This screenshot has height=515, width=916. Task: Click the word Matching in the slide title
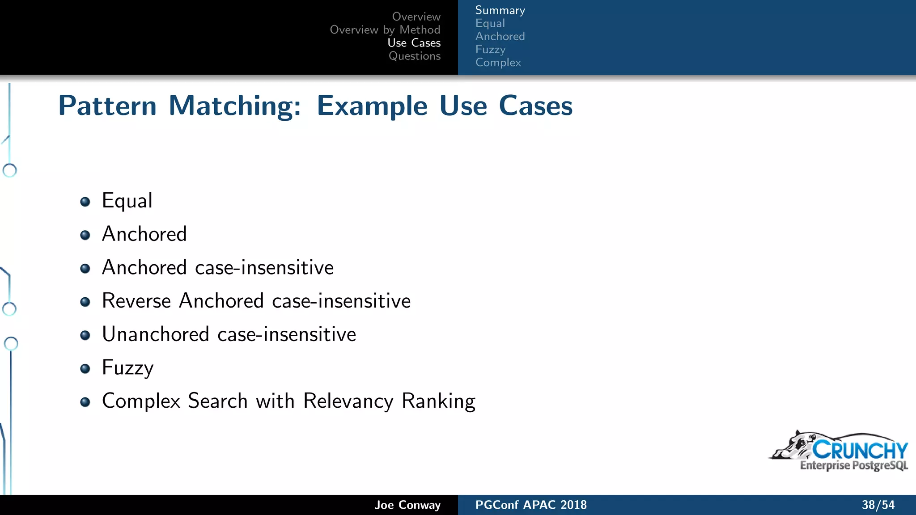(x=234, y=106)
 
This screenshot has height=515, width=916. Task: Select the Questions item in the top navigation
(x=414, y=56)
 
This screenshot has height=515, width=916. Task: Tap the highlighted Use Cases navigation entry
(x=414, y=43)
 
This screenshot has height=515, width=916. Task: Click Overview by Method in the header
(x=385, y=30)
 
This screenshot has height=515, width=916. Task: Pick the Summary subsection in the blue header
(x=500, y=10)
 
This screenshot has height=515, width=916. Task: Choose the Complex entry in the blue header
(x=498, y=63)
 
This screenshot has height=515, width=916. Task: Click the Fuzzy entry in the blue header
(x=490, y=50)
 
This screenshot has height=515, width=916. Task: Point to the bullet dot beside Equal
(x=85, y=202)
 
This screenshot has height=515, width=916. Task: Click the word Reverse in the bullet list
(x=136, y=300)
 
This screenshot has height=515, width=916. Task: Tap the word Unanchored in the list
(x=155, y=334)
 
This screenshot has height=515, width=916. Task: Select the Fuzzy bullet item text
(x=127, y=367)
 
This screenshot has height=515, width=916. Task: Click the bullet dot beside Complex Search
(x=85, y=402)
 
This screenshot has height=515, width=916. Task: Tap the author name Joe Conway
(x=407, y=505)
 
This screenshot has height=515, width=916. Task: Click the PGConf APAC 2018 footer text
(x=530, y=505)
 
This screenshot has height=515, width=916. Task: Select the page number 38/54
(x=878, y=505)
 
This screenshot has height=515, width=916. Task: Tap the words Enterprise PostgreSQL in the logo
(x=853, y=465)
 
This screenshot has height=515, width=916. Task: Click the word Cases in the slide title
(x=535, y=106)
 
